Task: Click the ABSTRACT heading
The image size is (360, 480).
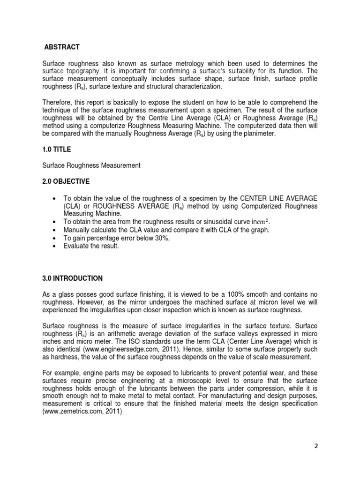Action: tap(61, 47)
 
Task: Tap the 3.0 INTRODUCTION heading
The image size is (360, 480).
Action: tap(72, 278)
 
